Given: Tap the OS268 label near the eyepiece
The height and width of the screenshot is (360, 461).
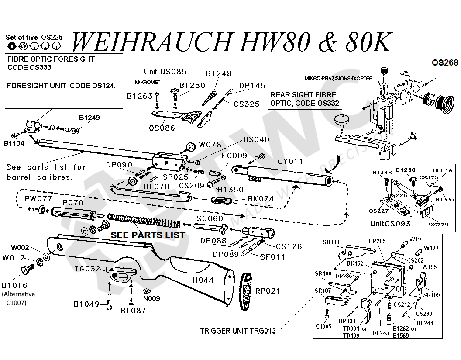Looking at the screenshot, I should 445,62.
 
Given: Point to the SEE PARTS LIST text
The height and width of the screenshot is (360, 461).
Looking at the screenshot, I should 147,235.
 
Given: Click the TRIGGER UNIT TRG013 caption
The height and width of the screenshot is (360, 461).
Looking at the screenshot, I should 238,331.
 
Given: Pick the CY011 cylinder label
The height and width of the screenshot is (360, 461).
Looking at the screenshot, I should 290,161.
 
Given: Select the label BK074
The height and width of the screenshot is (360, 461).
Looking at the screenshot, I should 261,199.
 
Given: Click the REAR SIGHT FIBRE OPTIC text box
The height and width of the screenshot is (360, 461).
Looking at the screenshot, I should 303,99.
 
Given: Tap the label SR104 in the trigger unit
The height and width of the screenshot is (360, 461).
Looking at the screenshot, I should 331,242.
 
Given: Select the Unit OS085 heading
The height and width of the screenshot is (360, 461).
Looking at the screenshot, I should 165,71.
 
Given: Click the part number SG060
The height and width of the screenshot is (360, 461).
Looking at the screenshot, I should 210,218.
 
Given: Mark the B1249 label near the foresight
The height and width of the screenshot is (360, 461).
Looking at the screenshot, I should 89,118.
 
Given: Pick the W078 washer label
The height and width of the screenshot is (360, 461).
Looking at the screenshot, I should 210,144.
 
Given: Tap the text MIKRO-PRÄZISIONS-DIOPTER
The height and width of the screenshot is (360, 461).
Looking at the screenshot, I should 338,78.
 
